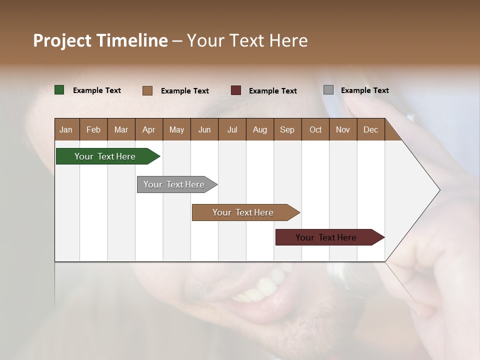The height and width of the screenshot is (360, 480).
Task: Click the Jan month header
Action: click(x=66, y=129)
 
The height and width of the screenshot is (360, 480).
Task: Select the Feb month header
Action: click(x=93, y=129)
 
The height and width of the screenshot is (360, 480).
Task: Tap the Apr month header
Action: click(x=148, y=129)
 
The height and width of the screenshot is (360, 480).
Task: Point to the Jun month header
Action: click(x=204, y=129)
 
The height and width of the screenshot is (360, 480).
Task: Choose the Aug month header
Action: click(x=259, y=129)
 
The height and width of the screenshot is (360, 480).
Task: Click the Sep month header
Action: click(x=287, y=129)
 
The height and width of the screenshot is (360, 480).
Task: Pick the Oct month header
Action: click(x=315, y=129)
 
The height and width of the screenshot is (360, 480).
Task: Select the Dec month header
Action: click(x=370, y=129)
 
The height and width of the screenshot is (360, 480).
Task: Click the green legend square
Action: click(x=59, y=90)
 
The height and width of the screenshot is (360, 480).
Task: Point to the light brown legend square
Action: click(x=147, y=90)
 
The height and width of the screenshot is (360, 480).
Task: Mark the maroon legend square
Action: click(x=236, y=90)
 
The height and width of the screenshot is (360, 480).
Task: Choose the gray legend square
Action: click(x=328, y=90)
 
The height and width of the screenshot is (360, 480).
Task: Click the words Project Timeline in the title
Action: click(x=100, y=40)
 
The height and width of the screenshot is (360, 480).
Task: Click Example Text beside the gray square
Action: click(x=364, y=90)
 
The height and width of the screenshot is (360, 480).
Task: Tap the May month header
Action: click(x=176, y=129)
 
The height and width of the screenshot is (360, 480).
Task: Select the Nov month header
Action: click(x=342, y=129)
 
